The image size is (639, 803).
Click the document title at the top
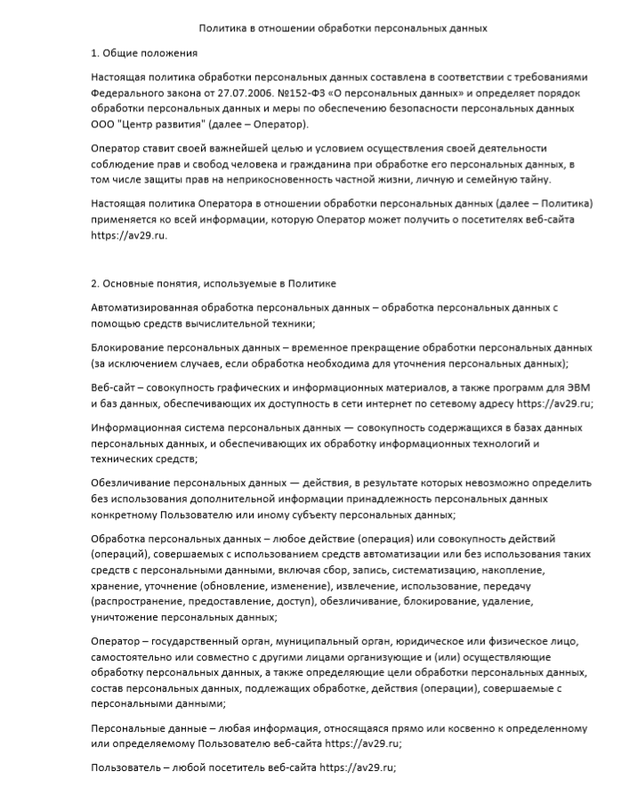click(x=343, y=28)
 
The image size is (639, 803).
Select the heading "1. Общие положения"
click(x=144, y=54)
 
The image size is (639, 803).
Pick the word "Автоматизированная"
click(x=146, y=307)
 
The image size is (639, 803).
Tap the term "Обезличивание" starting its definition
click(x=132, y=483)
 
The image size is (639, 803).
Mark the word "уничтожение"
click(x=124, y=616)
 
